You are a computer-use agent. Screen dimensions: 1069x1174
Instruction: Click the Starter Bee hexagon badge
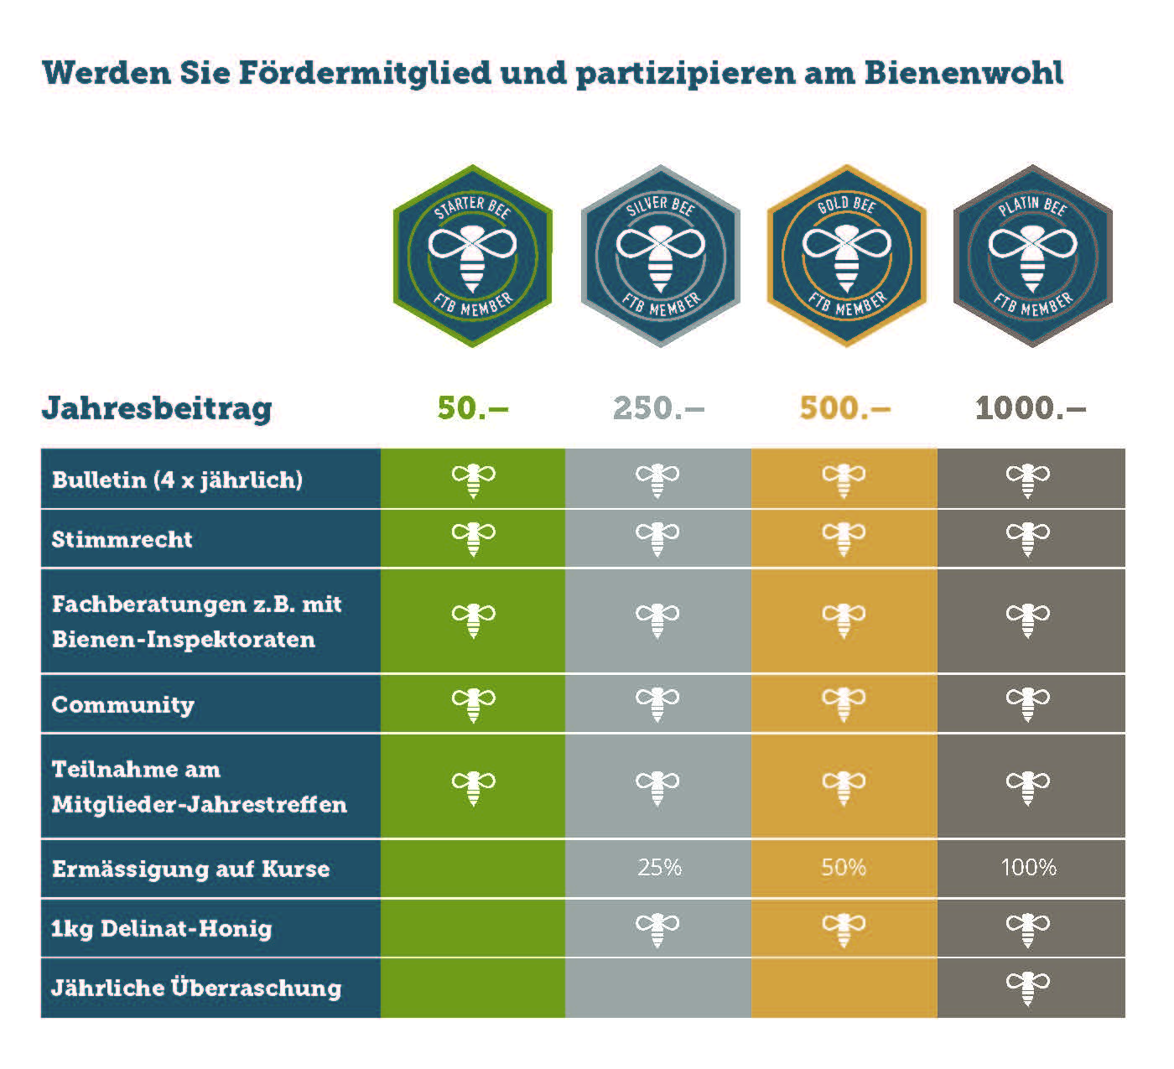point(473,256)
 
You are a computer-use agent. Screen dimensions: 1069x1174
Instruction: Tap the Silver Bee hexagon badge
point(660,256)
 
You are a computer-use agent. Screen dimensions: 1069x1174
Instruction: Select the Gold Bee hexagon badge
point(846,256)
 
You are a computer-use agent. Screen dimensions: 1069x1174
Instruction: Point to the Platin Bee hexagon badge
point(1032,256)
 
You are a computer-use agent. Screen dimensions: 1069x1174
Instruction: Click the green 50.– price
point(473,408)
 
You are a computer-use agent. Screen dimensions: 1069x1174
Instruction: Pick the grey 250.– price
point(658,408)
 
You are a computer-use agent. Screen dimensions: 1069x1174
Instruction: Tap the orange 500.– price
point(844,408)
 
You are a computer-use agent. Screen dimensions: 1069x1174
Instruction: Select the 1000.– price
point(1031,408)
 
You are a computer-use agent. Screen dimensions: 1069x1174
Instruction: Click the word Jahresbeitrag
point(157,408)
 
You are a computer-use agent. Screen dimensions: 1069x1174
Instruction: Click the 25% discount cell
point(659,867)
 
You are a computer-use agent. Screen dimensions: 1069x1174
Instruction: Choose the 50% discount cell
point(844,867)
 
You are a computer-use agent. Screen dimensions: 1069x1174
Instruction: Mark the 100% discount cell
point(1029,867)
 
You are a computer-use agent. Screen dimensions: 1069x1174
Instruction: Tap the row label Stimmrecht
point(122,539)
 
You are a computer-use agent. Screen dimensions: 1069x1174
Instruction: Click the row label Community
point(123,704)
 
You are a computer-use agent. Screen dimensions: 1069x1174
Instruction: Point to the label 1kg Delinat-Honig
point(162,928)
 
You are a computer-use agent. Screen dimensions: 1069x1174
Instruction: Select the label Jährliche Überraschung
point(196,988)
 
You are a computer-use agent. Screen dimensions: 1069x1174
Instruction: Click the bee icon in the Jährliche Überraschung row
point(1027,988)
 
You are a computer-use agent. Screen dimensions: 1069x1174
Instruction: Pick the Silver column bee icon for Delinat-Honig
point(657,929)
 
